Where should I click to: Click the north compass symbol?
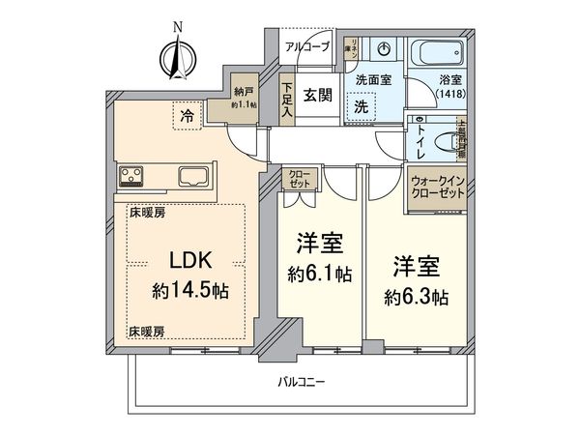point(177,57)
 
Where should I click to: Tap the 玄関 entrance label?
point(313,95)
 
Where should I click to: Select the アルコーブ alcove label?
point(307,46)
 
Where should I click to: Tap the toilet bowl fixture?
point(447,140)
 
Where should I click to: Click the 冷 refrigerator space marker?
point(185,116)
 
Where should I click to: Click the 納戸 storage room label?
point(242,97)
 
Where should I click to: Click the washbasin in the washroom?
point(385,49)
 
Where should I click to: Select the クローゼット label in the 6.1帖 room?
point(297,180)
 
